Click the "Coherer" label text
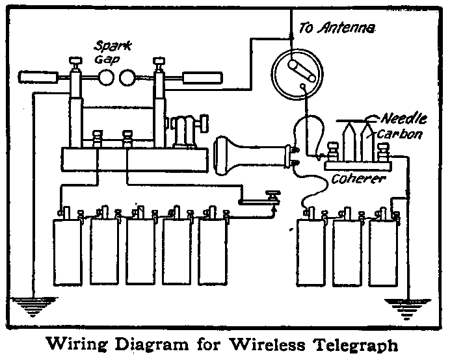click(360, 177)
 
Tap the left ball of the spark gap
click(105, 78)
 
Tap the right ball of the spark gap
click(127, 78)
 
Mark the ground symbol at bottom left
click(31, 304)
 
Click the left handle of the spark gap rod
click(39, 77)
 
